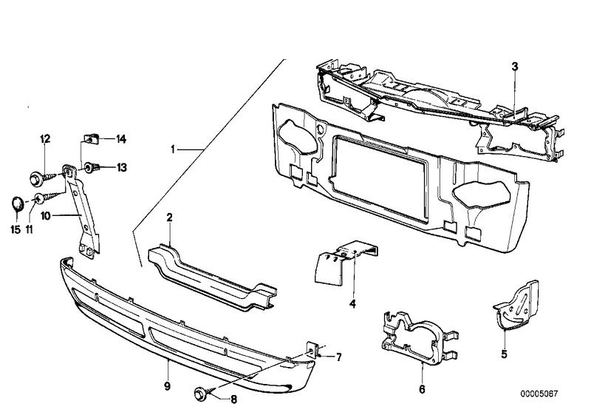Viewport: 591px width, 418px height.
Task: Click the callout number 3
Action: pyautogui.click(x=514, y=67)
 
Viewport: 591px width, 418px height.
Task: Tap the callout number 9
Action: pyautogui.click(x=168, y=385)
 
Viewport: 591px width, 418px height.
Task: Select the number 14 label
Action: pyautogui.click(x=121, y=138)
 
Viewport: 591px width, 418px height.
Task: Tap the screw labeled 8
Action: pyautogui.click(x=203, y=391)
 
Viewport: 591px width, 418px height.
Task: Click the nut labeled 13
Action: pyautogui.click(x=92, y=167)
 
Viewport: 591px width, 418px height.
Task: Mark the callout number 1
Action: pyautogui.click(x=174, y=149)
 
